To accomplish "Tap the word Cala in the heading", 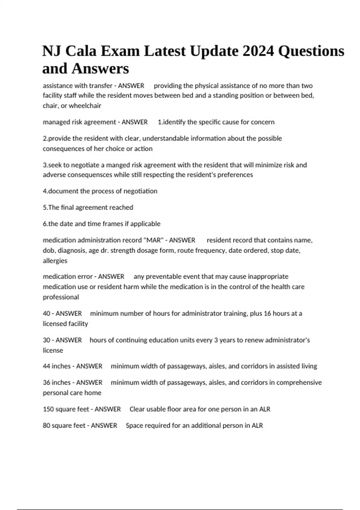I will (81, 51).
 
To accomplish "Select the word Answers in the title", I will (100, 68).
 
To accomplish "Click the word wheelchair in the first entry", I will (85, 106).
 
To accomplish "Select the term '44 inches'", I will (57, 366).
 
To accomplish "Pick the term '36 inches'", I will (57, 382).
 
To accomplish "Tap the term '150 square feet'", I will (66, 409).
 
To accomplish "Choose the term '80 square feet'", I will (64, 425).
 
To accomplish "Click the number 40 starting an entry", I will (46, 313).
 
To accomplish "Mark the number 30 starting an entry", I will (46, 340).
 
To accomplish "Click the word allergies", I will (55, 261).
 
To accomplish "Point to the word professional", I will (61, 297).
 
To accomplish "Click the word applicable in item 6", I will (145, 224).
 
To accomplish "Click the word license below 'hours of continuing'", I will (53, 350).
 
